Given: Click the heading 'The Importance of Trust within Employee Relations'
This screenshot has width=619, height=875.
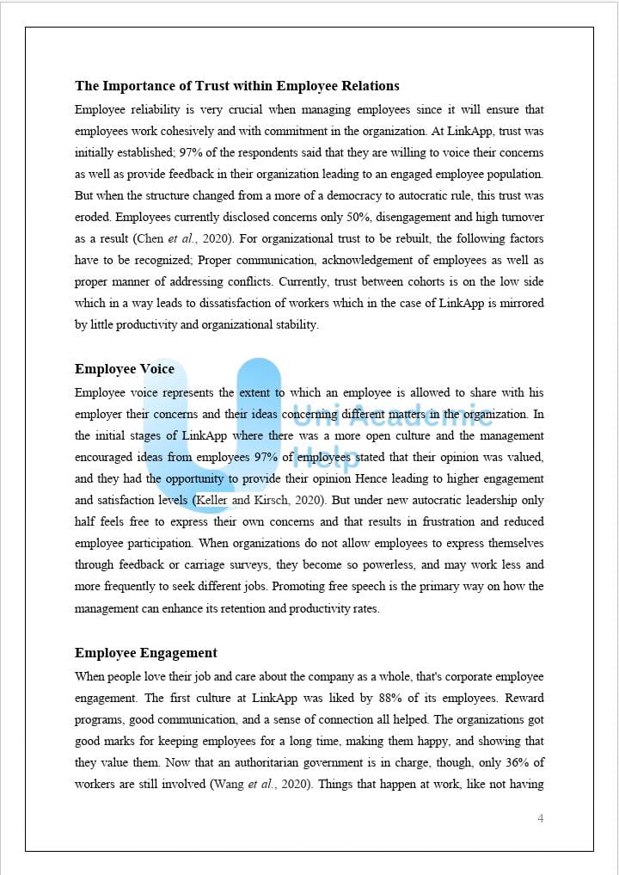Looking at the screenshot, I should point(236,86).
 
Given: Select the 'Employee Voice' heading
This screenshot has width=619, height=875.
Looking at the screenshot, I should point(124,369).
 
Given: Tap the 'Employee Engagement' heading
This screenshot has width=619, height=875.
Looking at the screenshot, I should point(145,653).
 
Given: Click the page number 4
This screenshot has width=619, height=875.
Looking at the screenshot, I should point(540,818).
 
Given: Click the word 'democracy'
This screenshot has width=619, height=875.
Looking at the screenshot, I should point(313,195).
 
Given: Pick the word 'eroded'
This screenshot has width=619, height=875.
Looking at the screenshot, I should point(94,217).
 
